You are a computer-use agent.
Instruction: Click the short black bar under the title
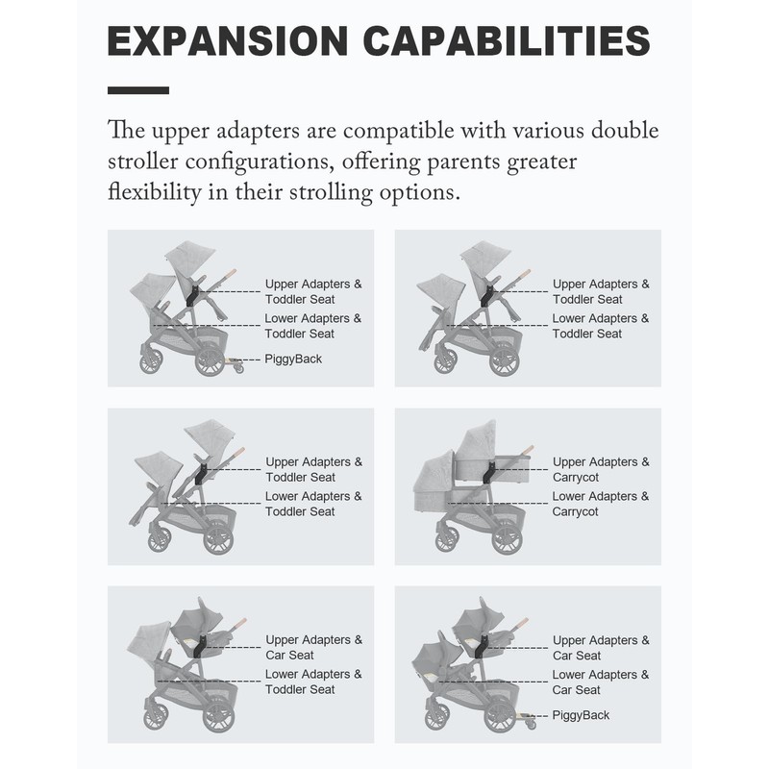138,90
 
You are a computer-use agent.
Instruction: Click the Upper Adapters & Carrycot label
601,469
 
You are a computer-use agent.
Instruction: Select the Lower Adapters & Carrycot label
601,504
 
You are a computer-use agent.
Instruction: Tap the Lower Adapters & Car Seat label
601,682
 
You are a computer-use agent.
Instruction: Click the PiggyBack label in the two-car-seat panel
581,715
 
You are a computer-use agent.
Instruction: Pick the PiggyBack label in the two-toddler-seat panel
293,359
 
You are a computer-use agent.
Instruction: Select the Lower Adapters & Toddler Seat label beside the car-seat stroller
313,682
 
